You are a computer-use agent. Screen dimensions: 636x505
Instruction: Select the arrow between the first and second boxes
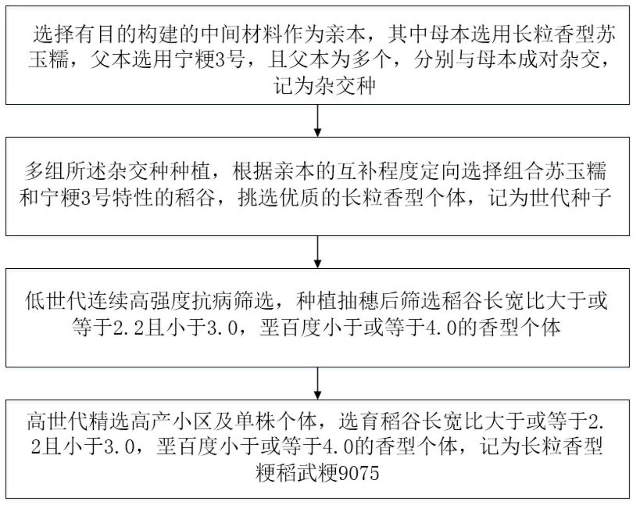pos(318,121)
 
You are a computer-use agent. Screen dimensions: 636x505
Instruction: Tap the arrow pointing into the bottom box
pos(318,384)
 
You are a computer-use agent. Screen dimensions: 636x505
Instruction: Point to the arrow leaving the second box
pos(318,252)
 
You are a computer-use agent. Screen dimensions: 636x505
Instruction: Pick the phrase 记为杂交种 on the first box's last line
pos(325,86)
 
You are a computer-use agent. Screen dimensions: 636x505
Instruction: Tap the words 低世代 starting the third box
pos(56,301)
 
